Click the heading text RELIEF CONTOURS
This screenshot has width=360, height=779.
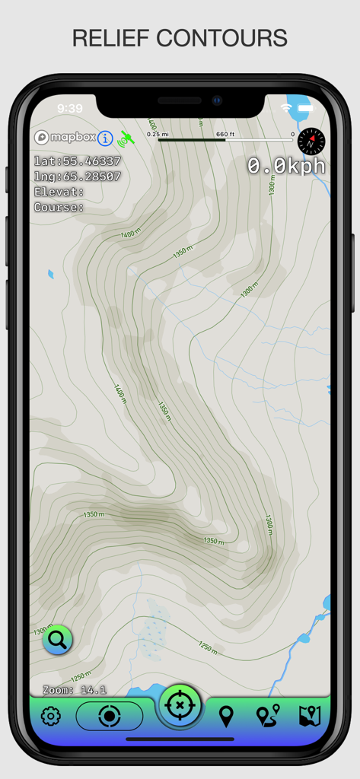(x=180, y=38)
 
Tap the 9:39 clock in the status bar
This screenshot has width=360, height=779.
(x=70, y=108)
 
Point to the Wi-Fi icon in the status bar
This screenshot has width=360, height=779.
(x=286, y=108)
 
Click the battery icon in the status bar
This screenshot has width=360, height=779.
(x=307, y=108)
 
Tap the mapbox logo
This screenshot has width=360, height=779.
(x=65, y=138)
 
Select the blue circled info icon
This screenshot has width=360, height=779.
(x=105, y=138)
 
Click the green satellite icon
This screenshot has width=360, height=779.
(x=126, y=138)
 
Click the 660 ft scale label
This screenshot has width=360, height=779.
(x=225, y=135)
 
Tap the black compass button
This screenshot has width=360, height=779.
(x=311, y=141)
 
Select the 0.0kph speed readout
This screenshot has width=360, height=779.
(x=286, y=166)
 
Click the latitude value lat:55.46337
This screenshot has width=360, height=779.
(x=78, y=161)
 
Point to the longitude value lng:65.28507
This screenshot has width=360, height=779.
(x=78, y=176)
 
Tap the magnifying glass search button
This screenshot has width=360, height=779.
(x=57, y=640)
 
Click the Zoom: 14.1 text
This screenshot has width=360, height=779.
(x=75, y=690)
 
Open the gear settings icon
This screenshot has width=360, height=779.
(x=51, y=716)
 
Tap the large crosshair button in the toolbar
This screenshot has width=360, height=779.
(x=180, y=706)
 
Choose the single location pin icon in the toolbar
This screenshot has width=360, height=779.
(x=226, y=716)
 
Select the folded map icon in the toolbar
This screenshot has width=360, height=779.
(x=310, y=716)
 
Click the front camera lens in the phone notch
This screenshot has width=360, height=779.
(x=217, y=100)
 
